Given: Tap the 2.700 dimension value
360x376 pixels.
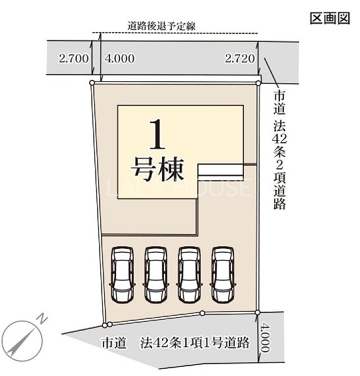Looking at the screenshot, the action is (x=73, y=58).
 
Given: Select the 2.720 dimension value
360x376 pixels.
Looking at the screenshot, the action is (x=239, y=58).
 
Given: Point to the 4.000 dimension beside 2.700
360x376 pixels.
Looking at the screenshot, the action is (x=119, y=58).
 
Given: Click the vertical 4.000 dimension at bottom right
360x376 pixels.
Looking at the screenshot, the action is (x=265, y=337).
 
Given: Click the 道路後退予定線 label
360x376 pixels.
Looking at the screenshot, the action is (x=161, y=26).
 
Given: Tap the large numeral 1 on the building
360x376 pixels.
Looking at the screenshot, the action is (x=157, y=134).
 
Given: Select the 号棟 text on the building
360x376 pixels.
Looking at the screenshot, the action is (x=157, y=169).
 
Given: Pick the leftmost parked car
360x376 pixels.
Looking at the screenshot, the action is (x=123, y=275).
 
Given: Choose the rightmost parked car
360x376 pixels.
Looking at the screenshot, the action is (x=223, y=275).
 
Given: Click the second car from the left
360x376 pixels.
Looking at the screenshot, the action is (x=156, y=275).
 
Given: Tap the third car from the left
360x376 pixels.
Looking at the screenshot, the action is (x=190, y=275).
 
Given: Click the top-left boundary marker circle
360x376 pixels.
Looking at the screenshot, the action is (x=92, y=83).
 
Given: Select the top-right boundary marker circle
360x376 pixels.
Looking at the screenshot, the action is (x=258, y=83).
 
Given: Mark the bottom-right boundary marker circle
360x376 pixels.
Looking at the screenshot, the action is (x=258, y=312).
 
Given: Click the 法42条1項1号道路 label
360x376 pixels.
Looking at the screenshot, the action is (x=195, y=343).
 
